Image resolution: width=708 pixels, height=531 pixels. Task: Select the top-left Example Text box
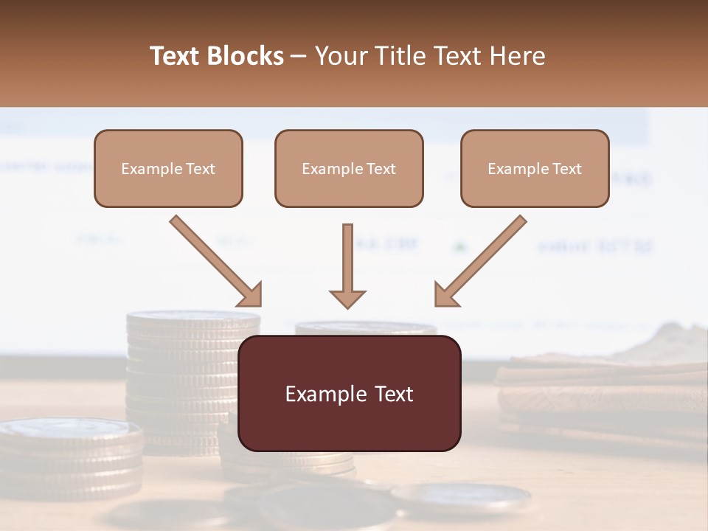coord(168,168)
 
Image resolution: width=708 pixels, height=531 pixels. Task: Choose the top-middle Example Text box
coord(349,168)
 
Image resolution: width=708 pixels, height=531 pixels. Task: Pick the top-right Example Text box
coord(535,168)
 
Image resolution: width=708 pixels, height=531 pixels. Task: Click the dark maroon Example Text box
coord(349,393)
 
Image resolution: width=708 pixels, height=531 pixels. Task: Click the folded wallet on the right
coord(601,398)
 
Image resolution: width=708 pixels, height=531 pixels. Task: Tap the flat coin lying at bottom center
coord(461,499)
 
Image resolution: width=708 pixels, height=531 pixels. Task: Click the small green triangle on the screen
coord(462,246)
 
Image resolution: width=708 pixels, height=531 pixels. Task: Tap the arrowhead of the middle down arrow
coord(347,298)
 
